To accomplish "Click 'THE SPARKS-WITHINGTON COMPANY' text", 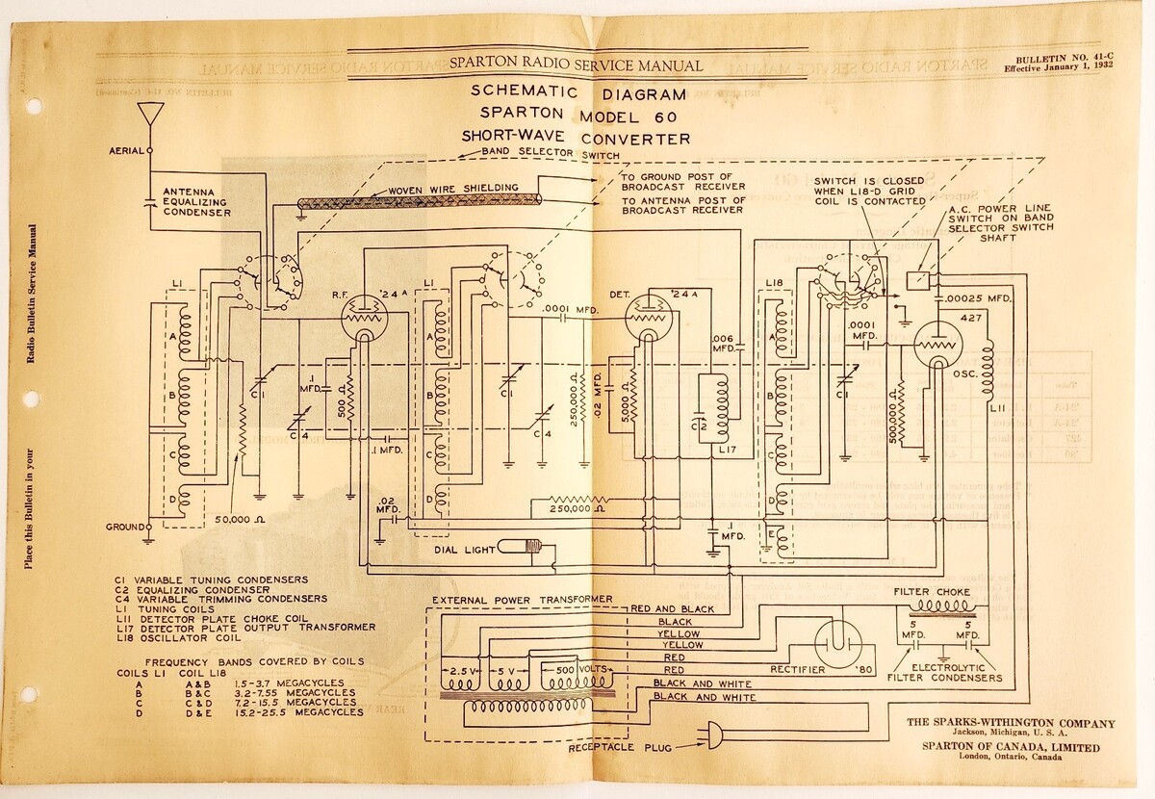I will pyautogui.click(x=1012, y=723).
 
